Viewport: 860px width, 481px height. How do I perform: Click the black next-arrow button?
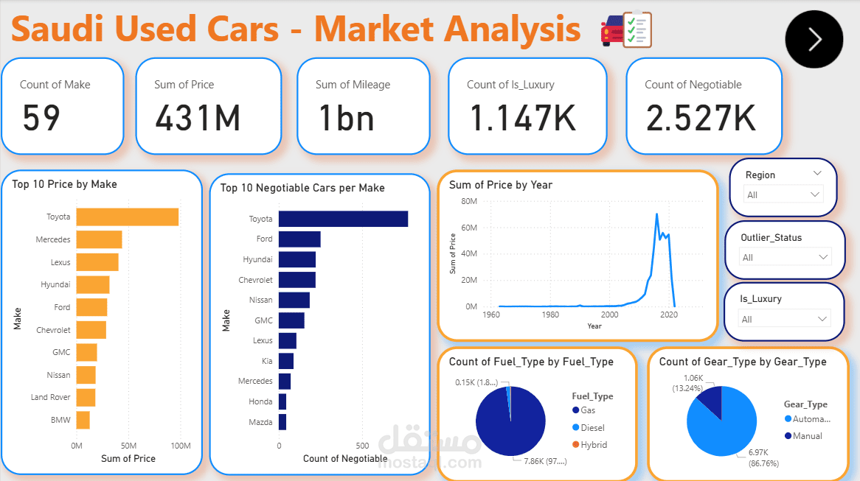coord(814,39)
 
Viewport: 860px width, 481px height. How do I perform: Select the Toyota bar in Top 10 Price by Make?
coord(127,217)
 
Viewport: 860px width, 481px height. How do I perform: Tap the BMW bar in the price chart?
coord(83,420)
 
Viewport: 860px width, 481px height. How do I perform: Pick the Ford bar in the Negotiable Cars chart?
coord(299,239)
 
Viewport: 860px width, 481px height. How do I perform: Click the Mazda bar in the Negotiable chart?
coord(282,422)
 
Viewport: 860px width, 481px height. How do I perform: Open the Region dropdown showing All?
coord(783,194)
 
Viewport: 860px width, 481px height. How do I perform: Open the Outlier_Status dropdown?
coord(785,257)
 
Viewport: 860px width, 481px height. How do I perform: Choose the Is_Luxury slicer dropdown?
coord(785,319)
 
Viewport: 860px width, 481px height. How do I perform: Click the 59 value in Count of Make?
coord(41,118)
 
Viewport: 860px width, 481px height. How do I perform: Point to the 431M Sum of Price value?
coord(198,118)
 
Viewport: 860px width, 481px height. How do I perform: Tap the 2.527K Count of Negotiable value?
coord(701,118)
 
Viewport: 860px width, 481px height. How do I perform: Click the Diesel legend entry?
coord(592,427)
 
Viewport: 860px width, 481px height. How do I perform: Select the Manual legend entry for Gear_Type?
coord(807,436)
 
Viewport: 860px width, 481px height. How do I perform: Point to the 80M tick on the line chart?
coord(468,201)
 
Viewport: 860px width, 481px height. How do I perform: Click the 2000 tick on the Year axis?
coord(609,315)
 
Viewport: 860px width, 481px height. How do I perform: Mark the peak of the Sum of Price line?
coord(656,214)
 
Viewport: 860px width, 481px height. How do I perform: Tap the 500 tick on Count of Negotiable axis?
coord(362,446)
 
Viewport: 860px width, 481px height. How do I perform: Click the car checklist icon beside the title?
coord(627,29)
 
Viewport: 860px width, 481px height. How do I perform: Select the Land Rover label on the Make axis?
coord(50,397)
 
